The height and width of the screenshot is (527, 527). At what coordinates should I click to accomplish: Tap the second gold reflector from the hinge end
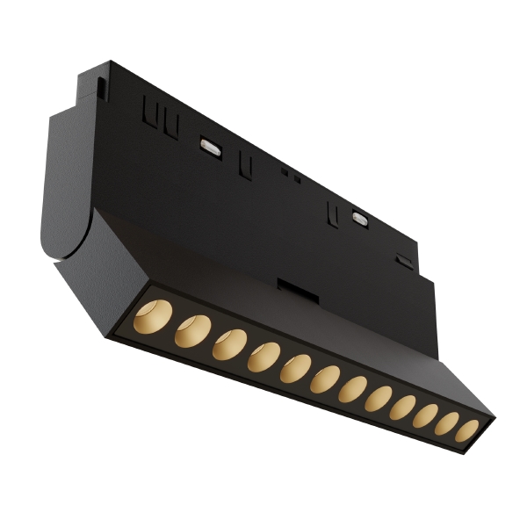(x=192, y=331)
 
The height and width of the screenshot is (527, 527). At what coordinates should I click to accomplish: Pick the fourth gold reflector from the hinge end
(x=263, y=356)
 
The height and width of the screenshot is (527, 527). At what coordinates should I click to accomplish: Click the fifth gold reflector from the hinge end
(x=295, y=368)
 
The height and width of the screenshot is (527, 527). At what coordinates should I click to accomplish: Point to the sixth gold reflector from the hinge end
(x=325, y=379)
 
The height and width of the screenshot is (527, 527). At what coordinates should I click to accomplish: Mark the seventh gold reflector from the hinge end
(x=353, y=388)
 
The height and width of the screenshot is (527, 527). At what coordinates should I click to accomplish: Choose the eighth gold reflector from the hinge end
(x=379, y=398)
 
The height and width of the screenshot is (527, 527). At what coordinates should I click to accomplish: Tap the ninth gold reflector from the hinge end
(x=403, y=407)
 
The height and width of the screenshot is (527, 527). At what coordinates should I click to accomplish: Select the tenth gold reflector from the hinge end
(x=426, y=415)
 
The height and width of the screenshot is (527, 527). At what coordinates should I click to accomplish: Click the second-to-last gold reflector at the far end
(x=447, y=423)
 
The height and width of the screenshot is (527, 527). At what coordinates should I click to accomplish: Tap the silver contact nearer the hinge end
(x=211, y=147)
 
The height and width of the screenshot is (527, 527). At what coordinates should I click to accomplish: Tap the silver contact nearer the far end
(x=360, y=217)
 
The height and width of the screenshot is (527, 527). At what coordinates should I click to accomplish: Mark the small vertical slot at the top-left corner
(x=104, y=88)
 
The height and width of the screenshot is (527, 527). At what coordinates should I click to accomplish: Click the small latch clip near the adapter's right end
(x=404, y=262)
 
